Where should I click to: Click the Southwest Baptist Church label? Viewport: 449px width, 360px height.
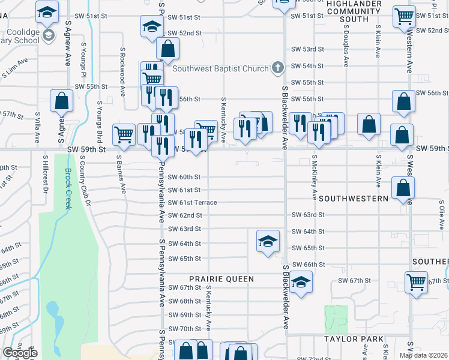pos(220,68)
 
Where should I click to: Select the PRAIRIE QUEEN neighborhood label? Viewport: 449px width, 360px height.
pos(221,279)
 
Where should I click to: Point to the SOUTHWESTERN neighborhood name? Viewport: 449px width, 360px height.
pos(355,197)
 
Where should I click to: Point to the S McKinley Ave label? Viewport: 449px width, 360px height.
pos(315,178)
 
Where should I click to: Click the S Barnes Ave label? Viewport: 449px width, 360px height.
pos(122,173)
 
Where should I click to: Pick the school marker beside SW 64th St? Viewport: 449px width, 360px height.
pos(268,241)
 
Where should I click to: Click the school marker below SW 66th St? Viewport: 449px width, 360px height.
pos(302,282)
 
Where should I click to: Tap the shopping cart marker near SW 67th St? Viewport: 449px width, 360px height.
pos(416,281)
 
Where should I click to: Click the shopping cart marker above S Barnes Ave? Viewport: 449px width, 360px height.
pos(124,135)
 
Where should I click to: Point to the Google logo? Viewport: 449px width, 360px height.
pos(20,353)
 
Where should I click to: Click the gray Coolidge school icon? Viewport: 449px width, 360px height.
pos(47,35)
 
